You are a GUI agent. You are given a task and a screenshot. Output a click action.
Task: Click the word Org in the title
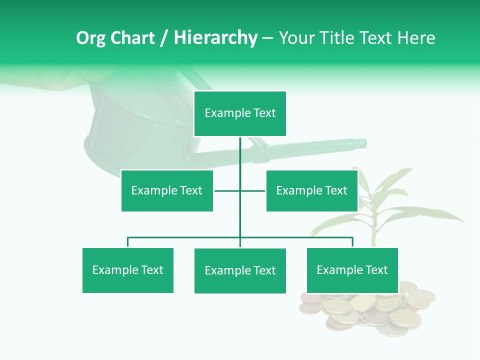point(90,38)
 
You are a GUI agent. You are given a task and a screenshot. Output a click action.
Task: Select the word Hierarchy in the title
point(215,38)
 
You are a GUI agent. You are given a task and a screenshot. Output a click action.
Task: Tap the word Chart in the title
point(132,38)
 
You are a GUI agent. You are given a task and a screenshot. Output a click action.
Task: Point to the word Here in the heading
point(416,38)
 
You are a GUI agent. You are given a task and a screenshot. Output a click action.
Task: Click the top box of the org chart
point(240,113)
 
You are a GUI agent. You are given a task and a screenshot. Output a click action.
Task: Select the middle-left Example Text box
point(166,190)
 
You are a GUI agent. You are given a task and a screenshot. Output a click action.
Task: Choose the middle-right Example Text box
point(311,190)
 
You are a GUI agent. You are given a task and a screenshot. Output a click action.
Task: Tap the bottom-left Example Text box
point(127,270)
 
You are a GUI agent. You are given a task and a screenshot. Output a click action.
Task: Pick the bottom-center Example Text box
point(240,270)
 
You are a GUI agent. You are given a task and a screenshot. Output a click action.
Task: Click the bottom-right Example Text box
point(352,270)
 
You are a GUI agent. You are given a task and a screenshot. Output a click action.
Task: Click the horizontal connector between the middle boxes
point(227,190)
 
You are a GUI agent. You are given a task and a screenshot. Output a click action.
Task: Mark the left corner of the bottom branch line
point(128,238)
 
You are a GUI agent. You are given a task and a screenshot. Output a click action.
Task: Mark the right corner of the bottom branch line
point(352,238)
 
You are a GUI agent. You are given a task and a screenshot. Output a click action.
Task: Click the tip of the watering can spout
point(364,143)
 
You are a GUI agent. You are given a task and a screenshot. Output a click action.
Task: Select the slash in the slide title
point(164,38)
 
